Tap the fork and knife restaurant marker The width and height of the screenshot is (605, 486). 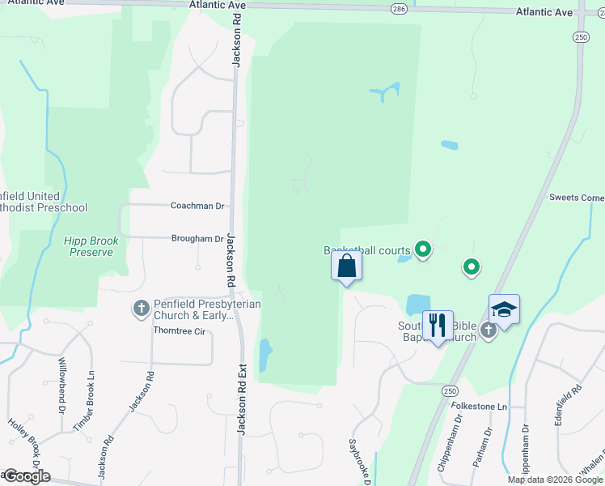coord(438,326)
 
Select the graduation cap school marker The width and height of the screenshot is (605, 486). coord(503,309)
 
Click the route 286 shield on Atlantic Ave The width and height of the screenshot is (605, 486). coord(398,9)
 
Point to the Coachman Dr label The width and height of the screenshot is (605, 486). coord(197,206)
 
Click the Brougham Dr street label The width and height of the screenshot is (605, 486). coord(197,239)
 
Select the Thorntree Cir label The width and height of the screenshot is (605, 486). coord(180,331)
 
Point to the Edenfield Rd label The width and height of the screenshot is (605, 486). coord(577,402)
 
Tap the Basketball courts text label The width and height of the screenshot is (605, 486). coord(366,251)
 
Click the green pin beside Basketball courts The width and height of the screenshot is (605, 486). coord(422,249)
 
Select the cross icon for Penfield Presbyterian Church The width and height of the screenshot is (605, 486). coord(141,308)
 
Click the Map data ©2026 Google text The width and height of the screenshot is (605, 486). coord(554,480)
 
